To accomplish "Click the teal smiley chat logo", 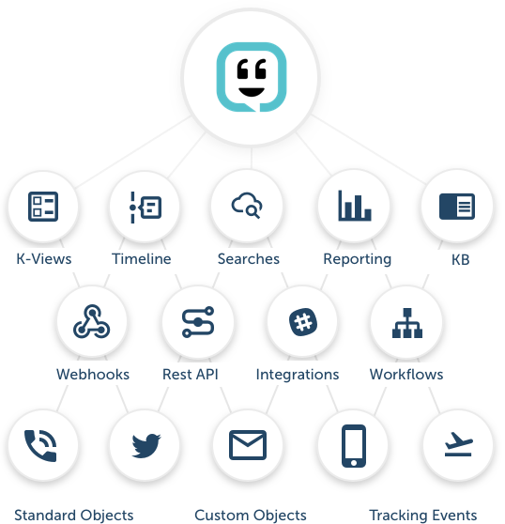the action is (252, 77).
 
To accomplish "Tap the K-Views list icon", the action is (43, 207).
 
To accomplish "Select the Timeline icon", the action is (145, 208).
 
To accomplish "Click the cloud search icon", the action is (247, 206).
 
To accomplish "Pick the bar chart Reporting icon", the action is (355, 206).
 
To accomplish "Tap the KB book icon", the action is (457, 207).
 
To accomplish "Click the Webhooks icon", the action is (91, 321).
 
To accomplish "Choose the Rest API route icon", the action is (198, 322).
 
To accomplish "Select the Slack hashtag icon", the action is (303, 322).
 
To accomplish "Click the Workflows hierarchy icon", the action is (407, 323).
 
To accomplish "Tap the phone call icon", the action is (40, 446).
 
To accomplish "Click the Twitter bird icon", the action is (145, 446).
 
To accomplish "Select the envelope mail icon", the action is (248, 445).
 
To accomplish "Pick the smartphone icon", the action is (354, 446).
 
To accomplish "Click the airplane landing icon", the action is (459, 444).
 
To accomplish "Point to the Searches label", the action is (249, 259).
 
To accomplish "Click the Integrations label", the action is (298, 375).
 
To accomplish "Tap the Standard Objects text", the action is (74, 516).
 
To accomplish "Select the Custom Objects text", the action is (251, 516).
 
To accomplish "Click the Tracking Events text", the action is (422, 516).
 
